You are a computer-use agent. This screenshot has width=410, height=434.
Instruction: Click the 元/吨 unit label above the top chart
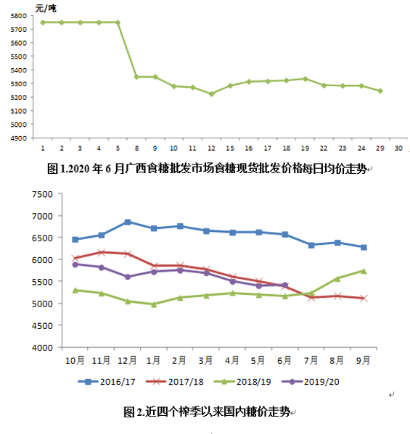46,9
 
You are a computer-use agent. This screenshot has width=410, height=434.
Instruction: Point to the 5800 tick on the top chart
19,16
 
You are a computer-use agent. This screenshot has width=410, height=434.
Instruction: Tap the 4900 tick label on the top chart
19,138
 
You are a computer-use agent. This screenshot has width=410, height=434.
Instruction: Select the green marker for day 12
211,94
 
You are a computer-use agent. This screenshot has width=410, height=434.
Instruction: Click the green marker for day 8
136,77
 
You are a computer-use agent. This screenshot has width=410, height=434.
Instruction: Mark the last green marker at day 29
380,91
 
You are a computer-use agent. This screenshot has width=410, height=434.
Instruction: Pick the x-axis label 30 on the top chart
398,149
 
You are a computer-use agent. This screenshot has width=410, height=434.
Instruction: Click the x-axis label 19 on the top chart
305,149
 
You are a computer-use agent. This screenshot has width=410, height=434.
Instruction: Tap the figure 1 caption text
207,169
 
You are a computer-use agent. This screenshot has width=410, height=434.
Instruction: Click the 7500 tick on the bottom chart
42,194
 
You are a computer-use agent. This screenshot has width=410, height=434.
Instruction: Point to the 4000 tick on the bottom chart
42,348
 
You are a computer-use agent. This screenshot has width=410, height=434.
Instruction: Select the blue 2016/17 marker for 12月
128,222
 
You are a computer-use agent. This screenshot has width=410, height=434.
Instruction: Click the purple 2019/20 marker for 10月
75,264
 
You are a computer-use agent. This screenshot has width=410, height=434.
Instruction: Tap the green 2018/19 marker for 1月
154,304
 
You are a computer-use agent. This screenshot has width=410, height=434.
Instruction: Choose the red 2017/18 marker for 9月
364,298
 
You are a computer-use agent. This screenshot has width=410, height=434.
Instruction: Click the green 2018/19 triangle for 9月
364,271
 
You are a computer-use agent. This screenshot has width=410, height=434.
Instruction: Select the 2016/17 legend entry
107,382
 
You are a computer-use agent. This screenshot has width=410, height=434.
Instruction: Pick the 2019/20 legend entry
311,382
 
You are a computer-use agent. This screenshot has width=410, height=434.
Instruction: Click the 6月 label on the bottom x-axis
284,360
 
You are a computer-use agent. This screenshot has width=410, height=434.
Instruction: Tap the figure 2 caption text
207,412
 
